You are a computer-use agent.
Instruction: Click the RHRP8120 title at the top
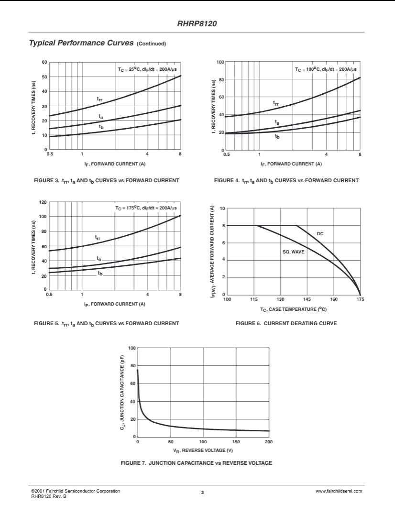(x=197, y=22)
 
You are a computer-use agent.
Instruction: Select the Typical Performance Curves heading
(x=81, y=43)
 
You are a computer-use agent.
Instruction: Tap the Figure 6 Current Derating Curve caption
(x=286, y=324)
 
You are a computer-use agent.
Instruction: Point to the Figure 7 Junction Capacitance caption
(x=197, y=463)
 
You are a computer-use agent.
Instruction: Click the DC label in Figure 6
(x=320, y=233)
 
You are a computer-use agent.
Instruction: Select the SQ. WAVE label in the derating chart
(x=293, y=251)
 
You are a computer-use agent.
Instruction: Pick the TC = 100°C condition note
(x=325, y=69)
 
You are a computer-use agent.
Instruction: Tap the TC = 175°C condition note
(x=146, y=208)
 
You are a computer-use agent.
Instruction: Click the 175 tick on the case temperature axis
(x=360, y=299)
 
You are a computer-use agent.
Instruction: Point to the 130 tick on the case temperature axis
(x=280, y=299)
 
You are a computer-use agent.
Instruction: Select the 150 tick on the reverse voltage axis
(x=236, y=442)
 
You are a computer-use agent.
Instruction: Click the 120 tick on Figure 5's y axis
(x=43, y=202)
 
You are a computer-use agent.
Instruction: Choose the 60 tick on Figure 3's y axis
(x=44, y=62)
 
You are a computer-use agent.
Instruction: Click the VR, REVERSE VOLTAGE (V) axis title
(x=203, y=450)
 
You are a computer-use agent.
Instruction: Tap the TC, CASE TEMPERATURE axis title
(x=293, y=309)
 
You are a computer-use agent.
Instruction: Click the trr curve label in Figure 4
(x=276, y=103)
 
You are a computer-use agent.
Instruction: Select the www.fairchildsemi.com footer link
(x=339, y=491)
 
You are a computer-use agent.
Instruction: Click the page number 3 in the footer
(x=202, y=493)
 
